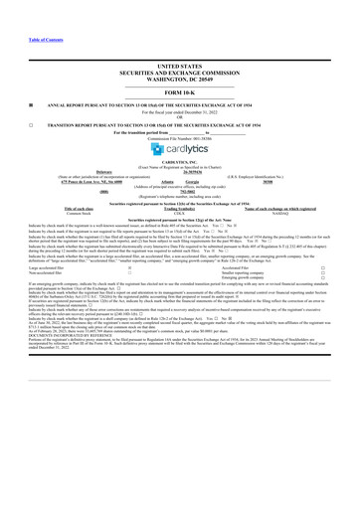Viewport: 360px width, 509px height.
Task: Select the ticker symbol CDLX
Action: tap(180, 227)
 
